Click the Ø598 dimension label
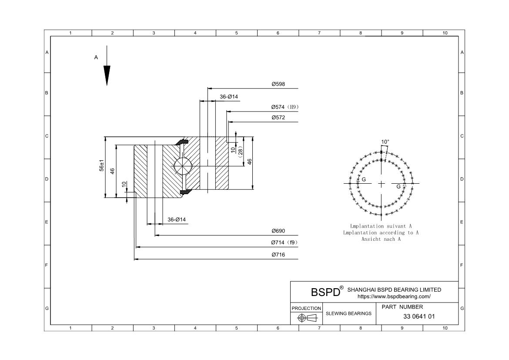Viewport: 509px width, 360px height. [x=278, y=84]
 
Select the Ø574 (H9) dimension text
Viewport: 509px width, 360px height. [x=285, y=107]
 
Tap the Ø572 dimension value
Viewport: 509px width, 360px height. [x=278, y=118]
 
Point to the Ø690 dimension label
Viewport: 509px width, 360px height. [x=278, y=231]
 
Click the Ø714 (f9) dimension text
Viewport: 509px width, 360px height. [x=285, y=243]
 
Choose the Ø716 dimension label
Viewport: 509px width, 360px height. [x=278, y=255]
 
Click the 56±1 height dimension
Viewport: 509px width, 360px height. [x=102, y=166]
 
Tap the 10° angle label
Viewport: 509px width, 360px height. [x=385, y=142]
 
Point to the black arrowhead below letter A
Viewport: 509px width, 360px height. [x=107, y=75]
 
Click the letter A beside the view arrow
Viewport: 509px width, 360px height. [x=96, y=57]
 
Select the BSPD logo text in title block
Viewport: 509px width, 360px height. [x=325, y=292]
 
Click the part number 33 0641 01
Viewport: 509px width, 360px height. [x=419, y=316]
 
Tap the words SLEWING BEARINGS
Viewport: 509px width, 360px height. [x=348, y=313]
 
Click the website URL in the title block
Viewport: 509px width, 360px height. [x=394, y=296]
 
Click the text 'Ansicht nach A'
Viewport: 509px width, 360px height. [x=381, y=239]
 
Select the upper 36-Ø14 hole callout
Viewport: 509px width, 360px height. [x=229, y=97]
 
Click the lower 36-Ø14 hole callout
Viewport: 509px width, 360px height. [x=177, y=219]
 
